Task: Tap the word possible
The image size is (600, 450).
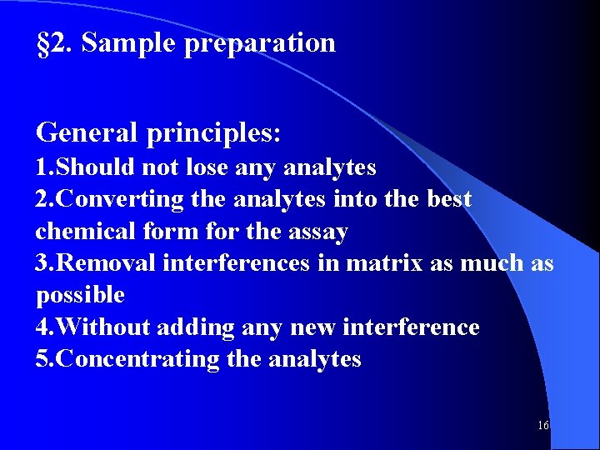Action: point(80,296)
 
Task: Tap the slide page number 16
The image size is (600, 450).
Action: point(543,426)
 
